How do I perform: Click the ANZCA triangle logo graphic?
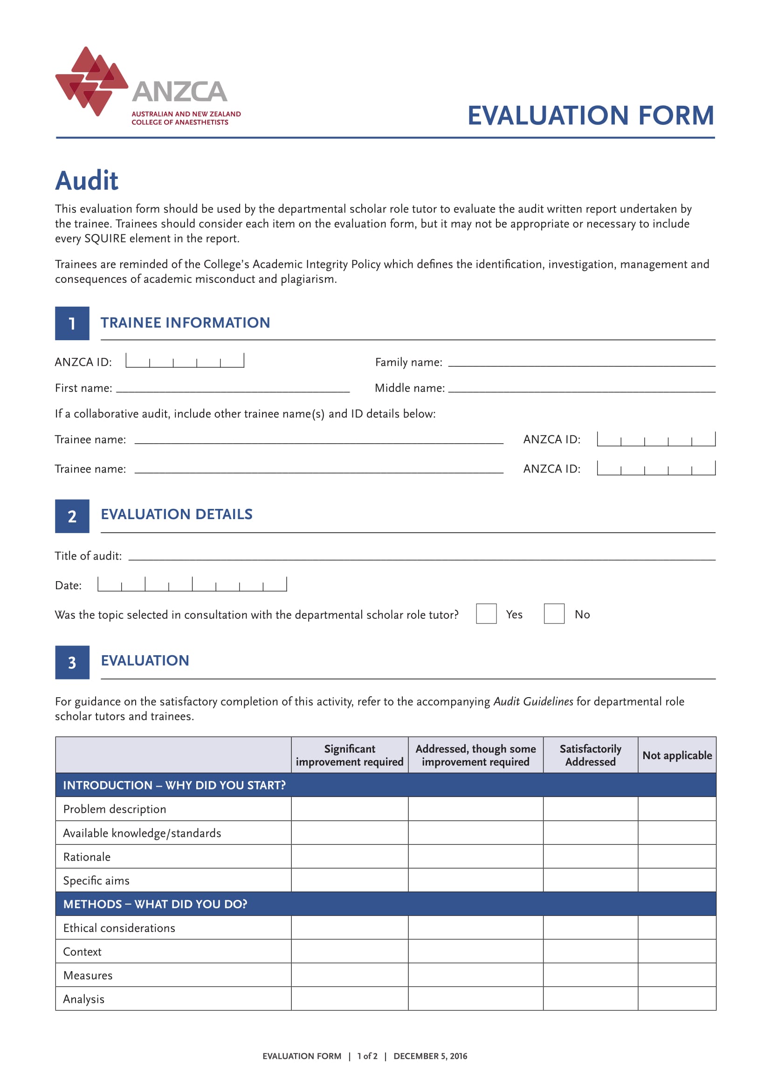coord(91,81)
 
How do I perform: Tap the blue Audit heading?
coord(86,181)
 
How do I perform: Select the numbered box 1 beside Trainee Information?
coord(72,323)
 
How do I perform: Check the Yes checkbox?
coord(486,614)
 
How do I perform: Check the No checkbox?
coord(554,614)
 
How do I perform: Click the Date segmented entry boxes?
coord(192,584)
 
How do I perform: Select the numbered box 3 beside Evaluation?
coord(72,662)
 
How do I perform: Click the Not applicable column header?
coord(676,755)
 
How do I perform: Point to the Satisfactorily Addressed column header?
coord(590,755)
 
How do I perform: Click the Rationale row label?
coord(87,857)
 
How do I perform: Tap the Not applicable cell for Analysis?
coord(676,999)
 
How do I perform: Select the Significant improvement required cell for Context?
coord(350,952)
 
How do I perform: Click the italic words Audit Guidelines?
coord(533,702)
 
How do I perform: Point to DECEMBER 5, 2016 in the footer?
coord(430,1056)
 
